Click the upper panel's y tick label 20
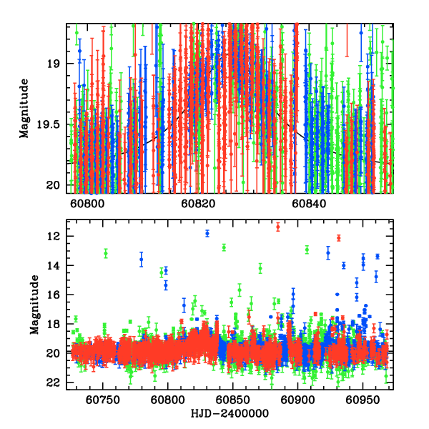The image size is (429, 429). pos(54,185)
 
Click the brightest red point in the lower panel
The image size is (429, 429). pos(278,227)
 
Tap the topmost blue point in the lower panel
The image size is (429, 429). pos(207,233)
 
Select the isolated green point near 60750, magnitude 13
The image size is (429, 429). pos(105,253)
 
